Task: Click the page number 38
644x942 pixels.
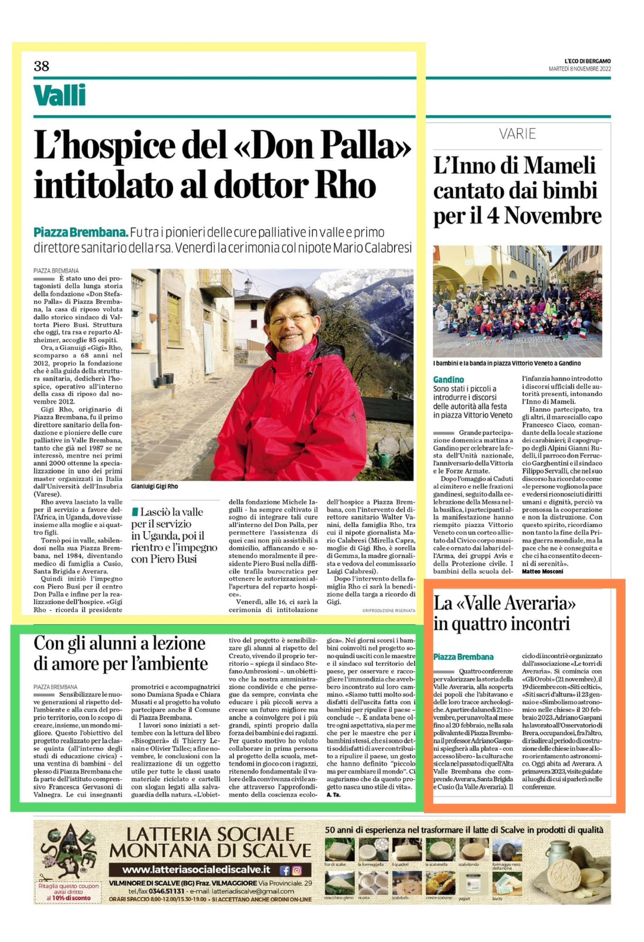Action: pyautogui.click(x=42, y=66)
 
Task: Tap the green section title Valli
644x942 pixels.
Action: pyautogui.click(x=60, y=95)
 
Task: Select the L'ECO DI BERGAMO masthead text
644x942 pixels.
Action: pyautogui.click(x=587, y=61)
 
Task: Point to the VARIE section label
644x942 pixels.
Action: pyautogui.click(x=518, y=134)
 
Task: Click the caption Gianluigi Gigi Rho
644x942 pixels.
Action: pyautogui.click(x=154, y=487)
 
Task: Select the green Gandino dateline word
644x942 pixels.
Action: pyautogui.click(x=448, y=379)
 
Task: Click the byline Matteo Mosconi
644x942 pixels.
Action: pyautogui.click(x=542, y=571)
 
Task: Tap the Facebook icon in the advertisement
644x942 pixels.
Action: pyautogui.click(x=284, y=870)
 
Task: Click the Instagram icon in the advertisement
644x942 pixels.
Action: pyautogui.click(x=297, y=870)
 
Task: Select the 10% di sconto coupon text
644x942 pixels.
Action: pyautogui.click(x=69, y=898)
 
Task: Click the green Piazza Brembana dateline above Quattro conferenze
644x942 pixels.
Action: pyautogui.click(x=463, y=656)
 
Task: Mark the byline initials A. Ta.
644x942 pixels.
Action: pyautogui.click(x=333, y=794)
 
